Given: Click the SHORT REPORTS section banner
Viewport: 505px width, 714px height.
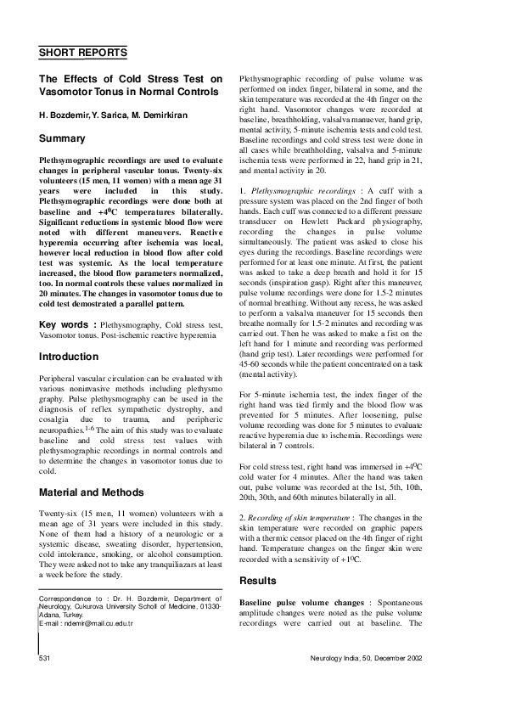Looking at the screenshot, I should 83,52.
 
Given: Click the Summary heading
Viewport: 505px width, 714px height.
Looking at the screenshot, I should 62,138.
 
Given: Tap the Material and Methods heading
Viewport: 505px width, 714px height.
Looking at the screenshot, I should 95,492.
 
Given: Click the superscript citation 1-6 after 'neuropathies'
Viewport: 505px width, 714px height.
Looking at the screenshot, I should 87,429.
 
